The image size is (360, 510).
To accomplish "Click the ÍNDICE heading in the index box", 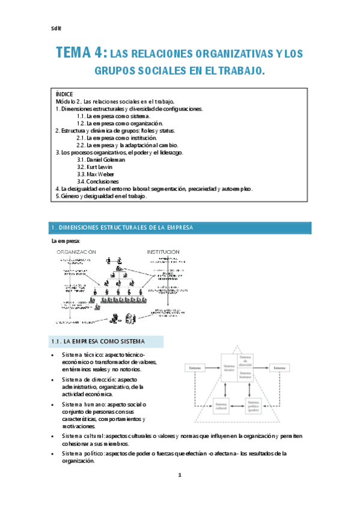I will (x=64, y=94).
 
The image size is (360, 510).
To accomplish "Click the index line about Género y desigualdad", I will (x=101, y=196).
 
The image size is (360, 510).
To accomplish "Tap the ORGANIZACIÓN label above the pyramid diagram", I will (x=76, y=251).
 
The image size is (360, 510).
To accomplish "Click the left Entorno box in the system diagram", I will (x=195, y=367).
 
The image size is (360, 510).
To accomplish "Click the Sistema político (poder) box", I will (x=255, y=408).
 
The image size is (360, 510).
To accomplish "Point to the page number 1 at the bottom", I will (x=179, y=493).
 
